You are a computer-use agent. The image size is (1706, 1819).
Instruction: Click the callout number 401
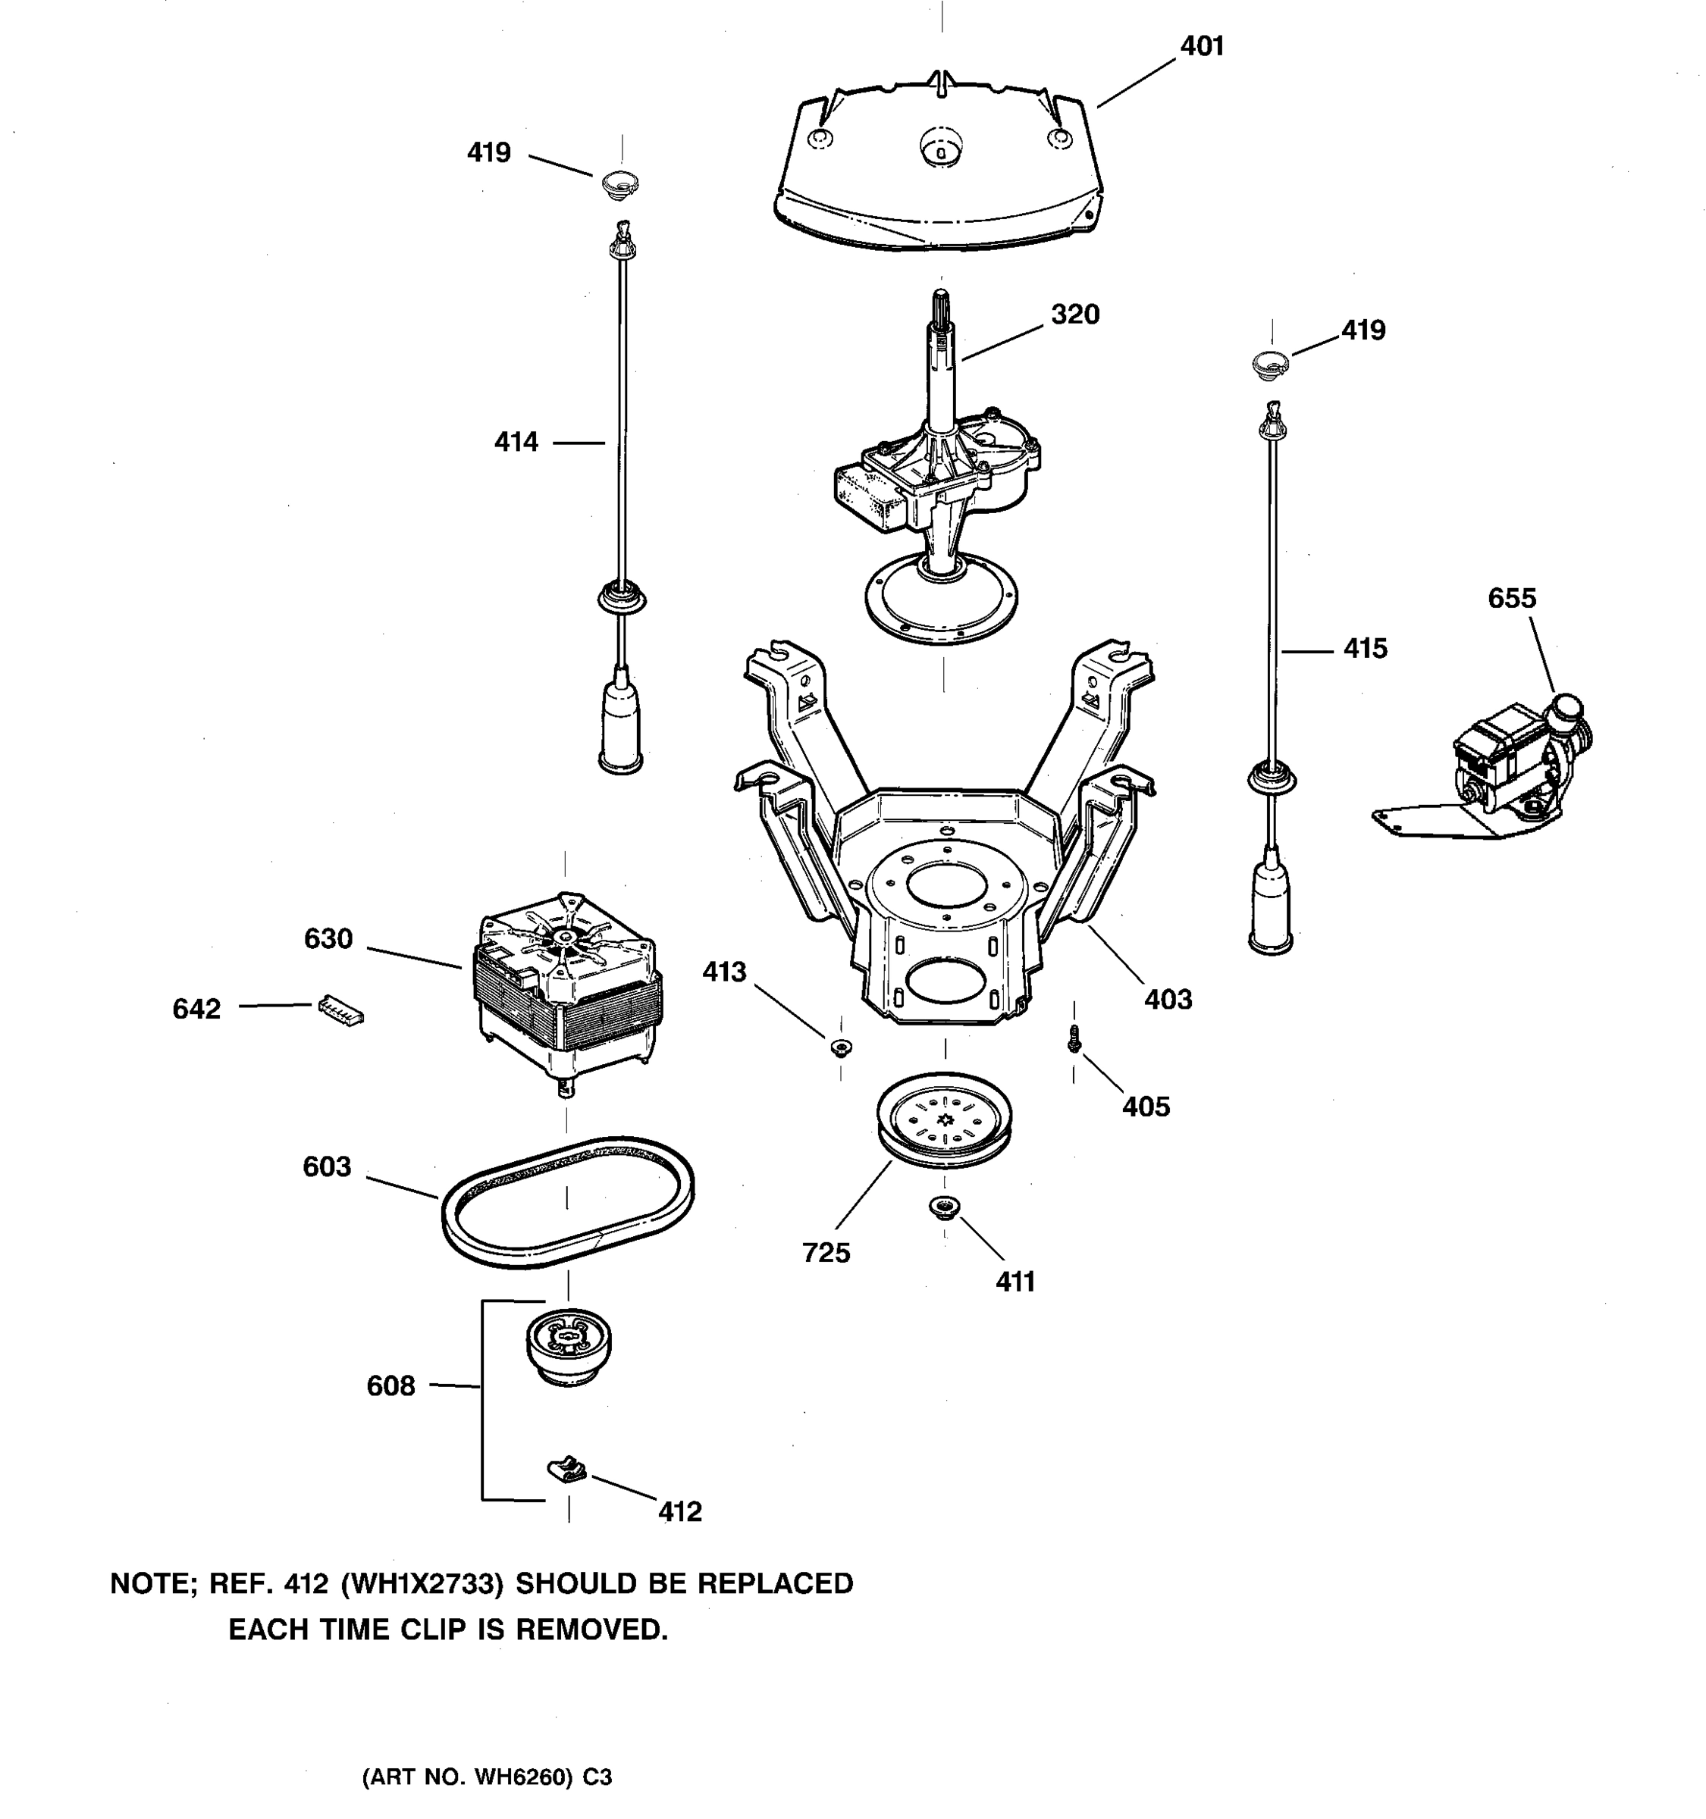tap(1201, 45)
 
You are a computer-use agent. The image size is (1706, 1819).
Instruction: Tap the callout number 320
tap(1074, 315)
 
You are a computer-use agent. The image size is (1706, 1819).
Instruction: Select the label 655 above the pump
tap(1511, 599)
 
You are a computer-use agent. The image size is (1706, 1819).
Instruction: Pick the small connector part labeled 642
tap(340, 1010)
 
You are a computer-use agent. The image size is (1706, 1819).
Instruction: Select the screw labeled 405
tap(1074, 1039)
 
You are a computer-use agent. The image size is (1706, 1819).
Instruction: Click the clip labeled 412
tap(567, 1470)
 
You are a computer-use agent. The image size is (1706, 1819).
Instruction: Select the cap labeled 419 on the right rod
tap(1270, 362)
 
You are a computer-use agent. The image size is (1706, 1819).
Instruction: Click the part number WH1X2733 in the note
tap(422, 1584)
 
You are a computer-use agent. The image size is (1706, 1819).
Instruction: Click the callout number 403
tap(1168, 999)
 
